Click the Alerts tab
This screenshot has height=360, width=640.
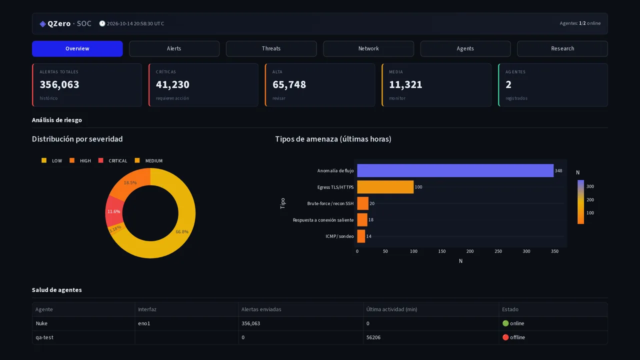point(174,48)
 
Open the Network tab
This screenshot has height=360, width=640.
point(368,48)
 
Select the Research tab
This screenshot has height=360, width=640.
point(562,48)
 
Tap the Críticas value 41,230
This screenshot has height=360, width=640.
point(172,84)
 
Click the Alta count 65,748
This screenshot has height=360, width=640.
point(289,84)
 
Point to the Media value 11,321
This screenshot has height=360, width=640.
point(405,84)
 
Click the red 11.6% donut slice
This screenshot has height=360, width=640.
point(114,211)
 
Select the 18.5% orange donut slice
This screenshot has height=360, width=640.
point(130,182)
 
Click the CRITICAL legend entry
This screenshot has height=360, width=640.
point(112,160)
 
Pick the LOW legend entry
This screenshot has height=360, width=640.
point(51,160)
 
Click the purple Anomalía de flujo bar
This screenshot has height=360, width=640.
point(455,170)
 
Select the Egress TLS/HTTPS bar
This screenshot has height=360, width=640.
point(385,187)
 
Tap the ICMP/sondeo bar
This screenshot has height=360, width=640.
point(361,236)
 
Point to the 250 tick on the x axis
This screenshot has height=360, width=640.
point(498,251)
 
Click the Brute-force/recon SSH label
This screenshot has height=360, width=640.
point(330,203)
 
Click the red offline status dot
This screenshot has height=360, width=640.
point(505,337)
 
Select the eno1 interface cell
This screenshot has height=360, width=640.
point(144,323)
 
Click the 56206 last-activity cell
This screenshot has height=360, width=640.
point(373,337)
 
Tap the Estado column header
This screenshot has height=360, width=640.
point(510,309)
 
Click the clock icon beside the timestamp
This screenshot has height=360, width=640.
point(102,23)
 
